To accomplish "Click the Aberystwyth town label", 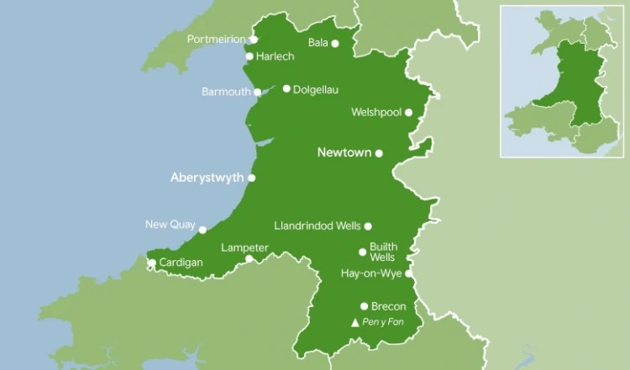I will point(207,178).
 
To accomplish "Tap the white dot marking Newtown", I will point(379,154).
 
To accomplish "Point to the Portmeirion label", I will point(217,39).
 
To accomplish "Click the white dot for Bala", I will point(335,44).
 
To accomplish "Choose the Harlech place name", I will point(275,57).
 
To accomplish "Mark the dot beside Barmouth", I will point(258,92).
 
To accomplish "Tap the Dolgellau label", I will point(316,89).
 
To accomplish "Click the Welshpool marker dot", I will point(408,112).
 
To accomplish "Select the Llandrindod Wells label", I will point(318,226).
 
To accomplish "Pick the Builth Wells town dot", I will point(363,252).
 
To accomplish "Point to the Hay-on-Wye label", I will point(371,274).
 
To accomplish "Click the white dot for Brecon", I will point(365,306).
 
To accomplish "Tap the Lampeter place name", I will point(244,248).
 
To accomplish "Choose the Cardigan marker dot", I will point(152,263).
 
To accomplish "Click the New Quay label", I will point(170,224).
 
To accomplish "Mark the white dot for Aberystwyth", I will point(252,178).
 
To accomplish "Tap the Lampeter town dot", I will point(249,258).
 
